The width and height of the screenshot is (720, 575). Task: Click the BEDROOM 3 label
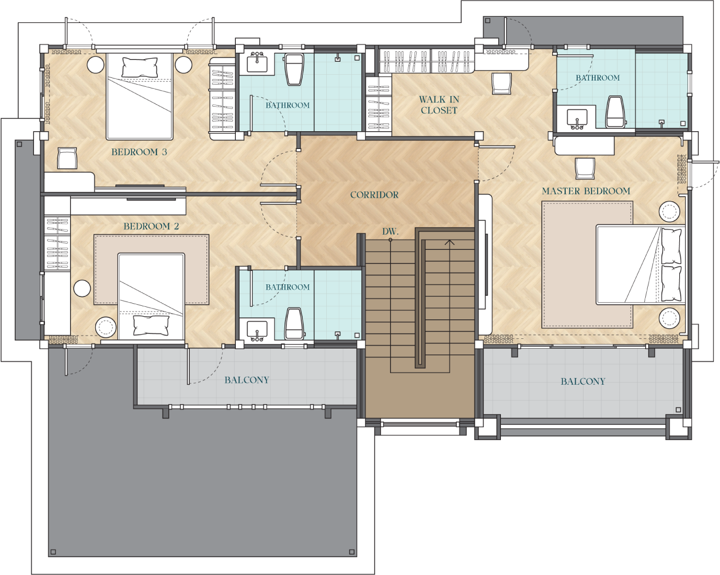(x=139, y=152)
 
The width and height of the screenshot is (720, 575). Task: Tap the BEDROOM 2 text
(x=151, y=226)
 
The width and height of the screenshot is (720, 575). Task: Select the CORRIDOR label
(x=374, y=195)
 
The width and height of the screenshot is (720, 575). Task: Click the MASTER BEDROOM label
(x=586, y=191)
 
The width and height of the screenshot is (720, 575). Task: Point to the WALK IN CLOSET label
(x=439, y=105)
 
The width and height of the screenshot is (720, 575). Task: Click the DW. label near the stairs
(x=390, y=232)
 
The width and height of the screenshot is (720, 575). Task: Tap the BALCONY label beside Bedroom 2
(x=247, y=380)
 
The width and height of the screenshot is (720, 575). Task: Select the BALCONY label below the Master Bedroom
(x=583, y=382)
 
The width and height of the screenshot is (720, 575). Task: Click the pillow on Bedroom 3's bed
(x=140, y=67)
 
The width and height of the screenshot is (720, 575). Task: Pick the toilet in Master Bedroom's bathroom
(x=615, y=112)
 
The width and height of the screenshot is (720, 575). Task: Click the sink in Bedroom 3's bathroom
(x=257, y=63)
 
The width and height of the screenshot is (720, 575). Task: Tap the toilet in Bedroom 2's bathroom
(x=294, y=324)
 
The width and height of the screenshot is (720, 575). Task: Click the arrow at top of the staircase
(x=450, y=242)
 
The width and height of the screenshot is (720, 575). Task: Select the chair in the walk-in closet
(x=501, y=84)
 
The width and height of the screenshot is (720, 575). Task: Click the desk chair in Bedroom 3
(x=67, y=158)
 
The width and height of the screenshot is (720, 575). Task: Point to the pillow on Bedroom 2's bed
(x=151, y=325)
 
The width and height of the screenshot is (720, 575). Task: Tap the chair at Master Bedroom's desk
(x=585, y=168)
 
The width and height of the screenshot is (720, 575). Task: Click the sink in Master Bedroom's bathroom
(x=577, y=118)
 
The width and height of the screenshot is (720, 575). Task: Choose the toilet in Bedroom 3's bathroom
(x=294, y=69)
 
